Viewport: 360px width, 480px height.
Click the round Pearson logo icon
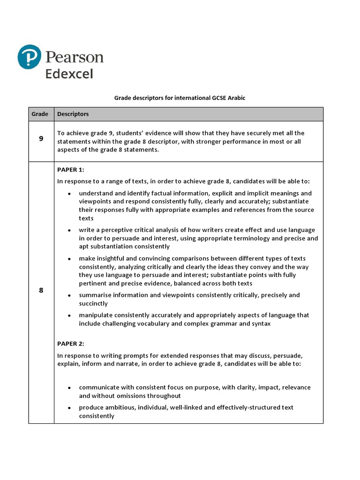pyautogui.click(x=30, y=58)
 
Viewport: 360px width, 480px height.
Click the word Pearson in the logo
pyautogui.click(x=75, y=58)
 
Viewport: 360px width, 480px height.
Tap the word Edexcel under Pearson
pyautogui.click(x=69, y=74)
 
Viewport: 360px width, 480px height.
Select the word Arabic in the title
pyautogui.click(x=235, y=98)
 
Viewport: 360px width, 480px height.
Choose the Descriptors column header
pyautogui.click(x=73, y=114)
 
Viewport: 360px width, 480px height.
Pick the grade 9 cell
pyautogui.click(x=41, y=139)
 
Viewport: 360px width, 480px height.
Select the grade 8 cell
pyautogui.click(x=41, y=290)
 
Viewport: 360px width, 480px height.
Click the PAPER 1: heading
pyautogui.click(x=71, y=170)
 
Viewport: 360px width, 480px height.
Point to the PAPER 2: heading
pyautogui.click(x=71, y=344)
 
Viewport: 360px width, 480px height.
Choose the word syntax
pyautogui.click(x=261, y=324)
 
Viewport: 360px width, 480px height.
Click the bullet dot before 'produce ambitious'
pyautogui.click(x=69, y=408)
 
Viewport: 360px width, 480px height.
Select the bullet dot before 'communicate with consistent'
pyautogui.click(x=69, y=388)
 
